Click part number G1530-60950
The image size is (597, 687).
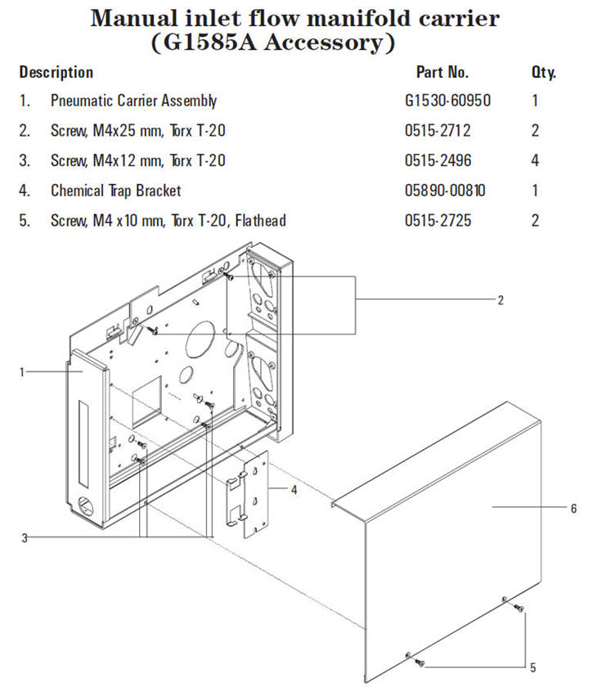click(x=442, y=101)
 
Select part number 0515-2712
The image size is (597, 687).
click(x=438, y=131)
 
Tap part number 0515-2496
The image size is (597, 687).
click(x=438, y=161)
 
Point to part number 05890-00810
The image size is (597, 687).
click(x=445, y=191)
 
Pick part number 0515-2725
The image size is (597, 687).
click(x=438, y=221)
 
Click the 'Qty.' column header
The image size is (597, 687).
click(x=543, y=72)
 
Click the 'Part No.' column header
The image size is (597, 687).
click(x=442, y=72)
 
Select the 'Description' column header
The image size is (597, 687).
click(x=56, y=72)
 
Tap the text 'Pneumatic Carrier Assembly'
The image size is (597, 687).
click(x=133, y=101)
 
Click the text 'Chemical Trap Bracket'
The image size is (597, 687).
click(x=115, y=191)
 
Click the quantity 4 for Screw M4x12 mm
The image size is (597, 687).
click(x=535, y=161)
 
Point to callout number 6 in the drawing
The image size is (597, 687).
click(x=573, y=508)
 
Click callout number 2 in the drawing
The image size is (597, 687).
click(x=500, y=300)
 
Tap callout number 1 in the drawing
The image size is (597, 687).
click(x=23, y=371)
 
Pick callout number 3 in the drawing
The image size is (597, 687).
click(x=25, y=537)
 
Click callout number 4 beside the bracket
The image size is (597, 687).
click(x=293, y=490)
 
